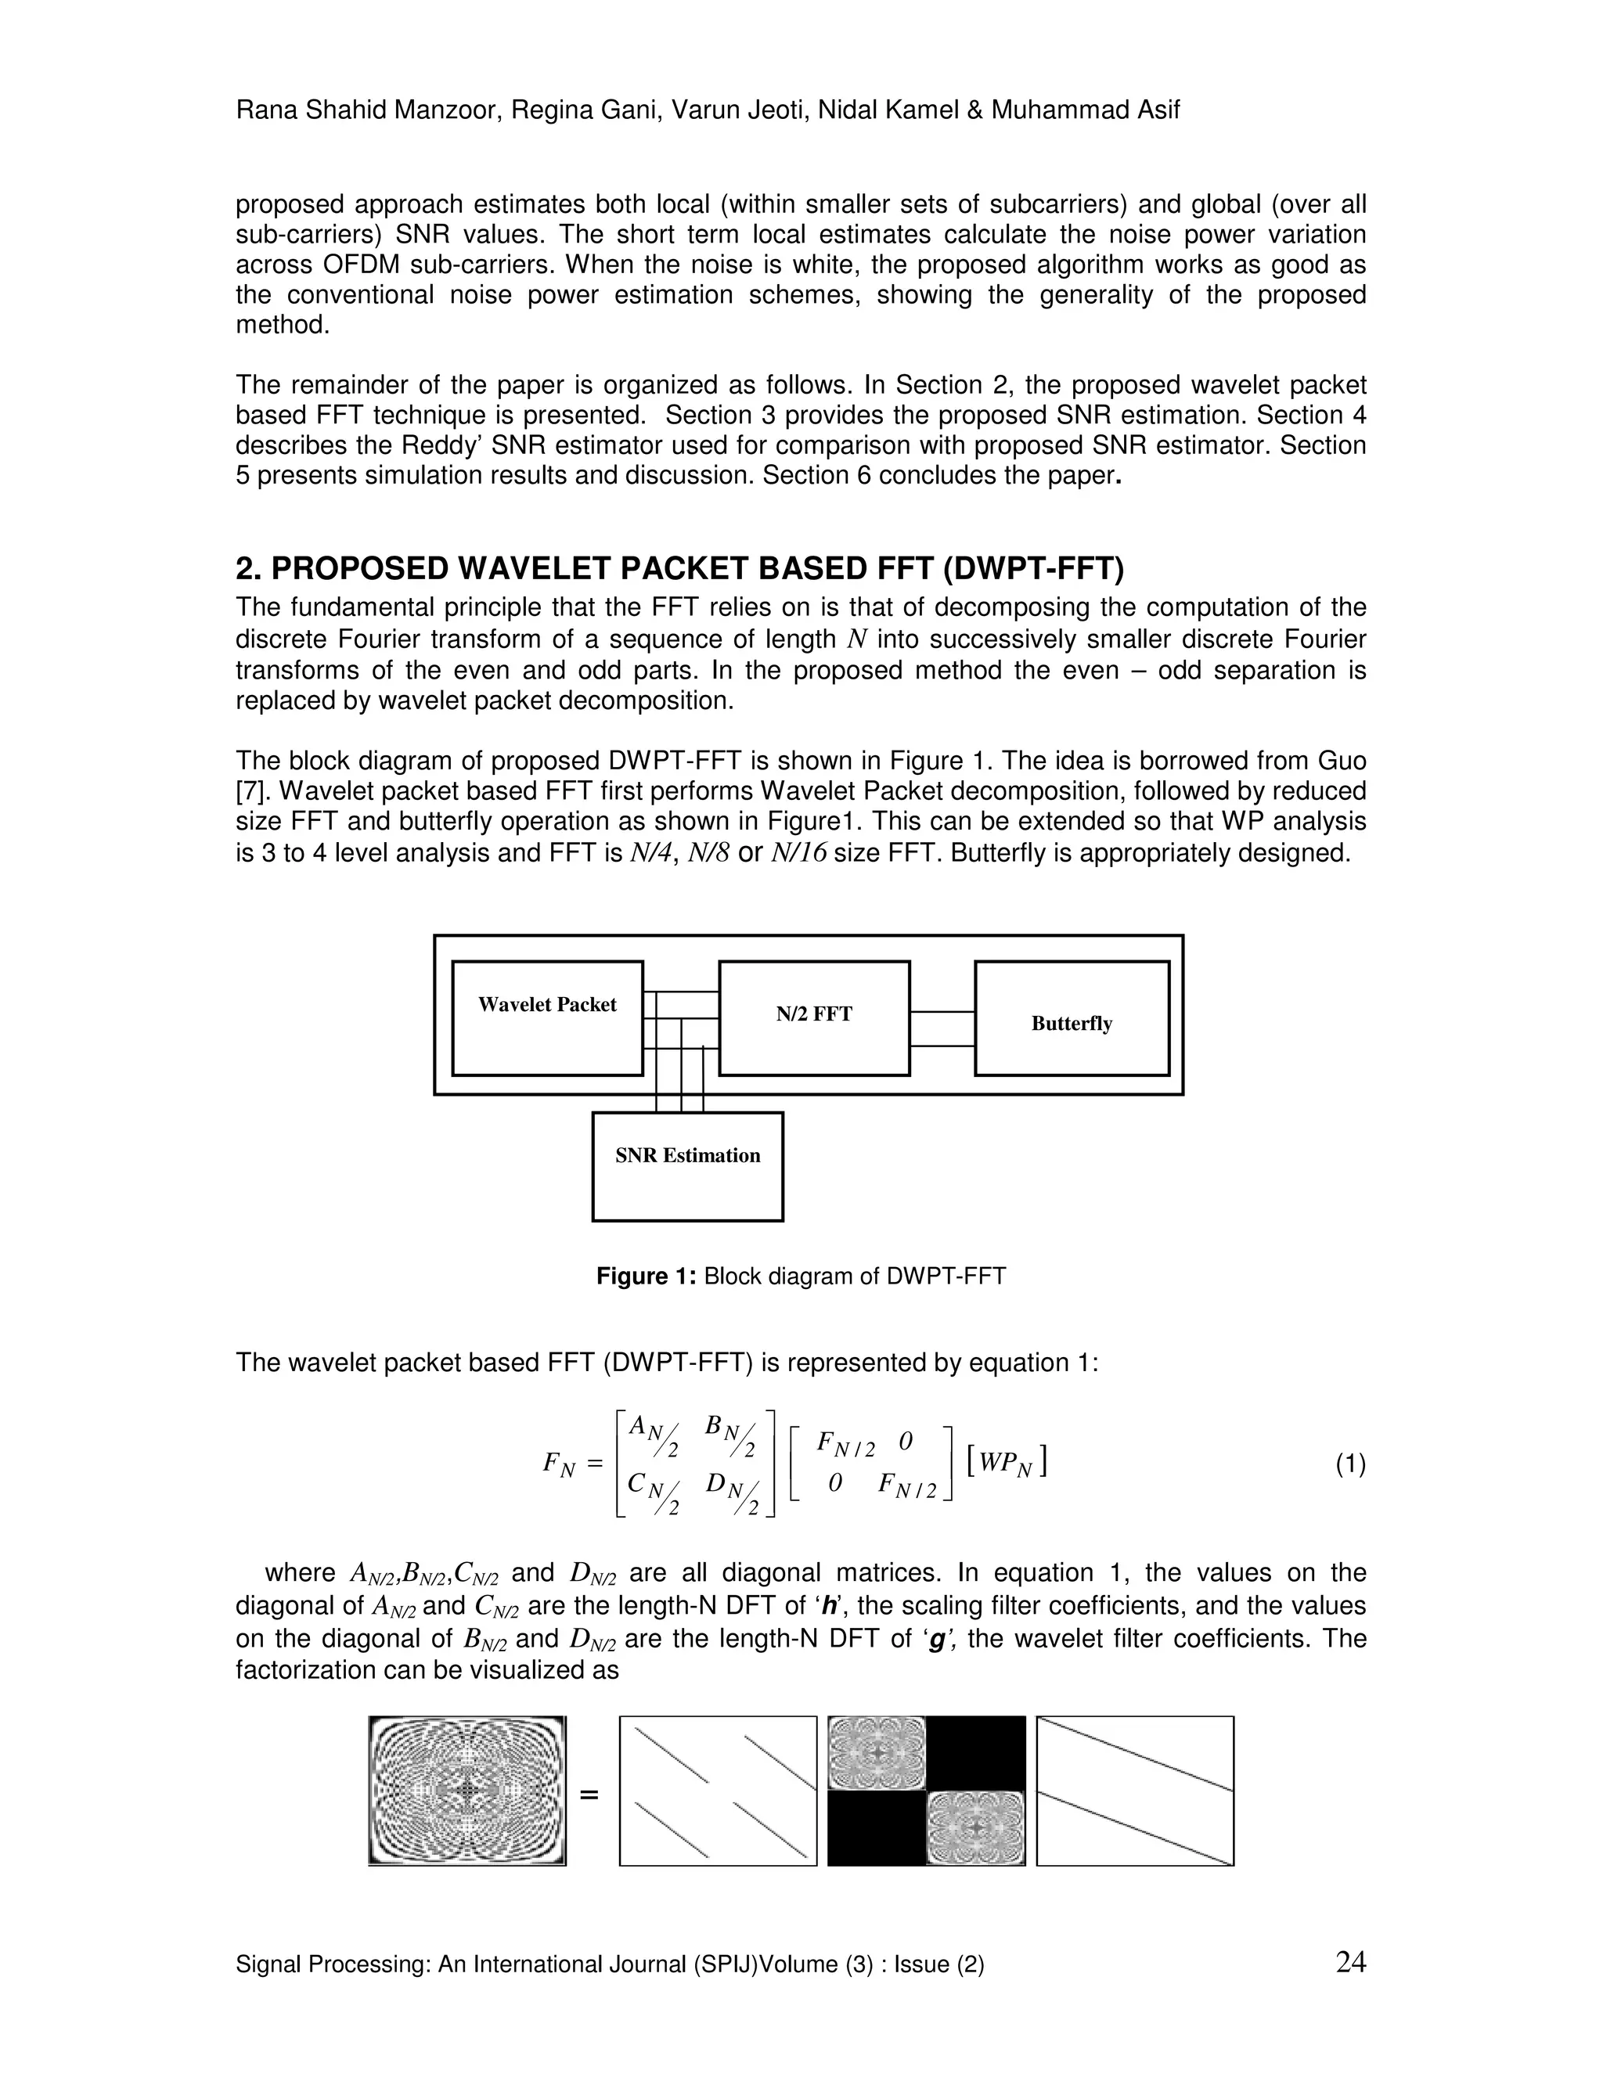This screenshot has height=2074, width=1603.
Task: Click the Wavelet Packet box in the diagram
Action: tap(547, 1018)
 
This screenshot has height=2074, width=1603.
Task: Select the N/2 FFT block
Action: tap(814, 1017)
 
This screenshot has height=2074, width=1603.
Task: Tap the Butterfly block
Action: tap(1072, 1018)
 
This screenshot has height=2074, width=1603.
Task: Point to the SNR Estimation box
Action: tap(687, 1165)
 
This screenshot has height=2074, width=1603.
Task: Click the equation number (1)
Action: tap(1350, 1465)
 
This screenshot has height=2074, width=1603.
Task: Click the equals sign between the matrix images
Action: tap(589, 1795)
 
